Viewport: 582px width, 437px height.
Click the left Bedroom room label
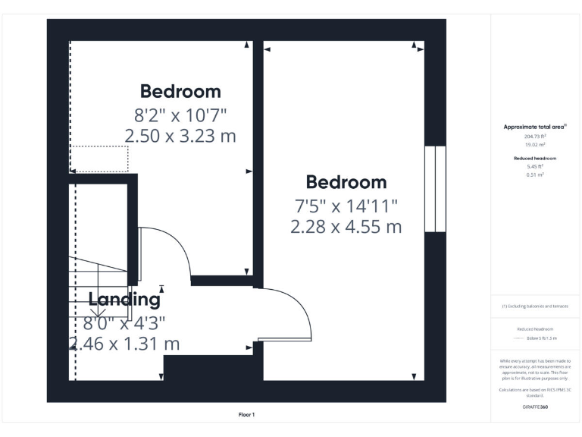click(180, 91)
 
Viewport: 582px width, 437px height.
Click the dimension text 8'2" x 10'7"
click(180, 115)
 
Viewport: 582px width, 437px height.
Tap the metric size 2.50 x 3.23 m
click(180, 137)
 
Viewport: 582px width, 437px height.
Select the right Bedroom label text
click(346, 182)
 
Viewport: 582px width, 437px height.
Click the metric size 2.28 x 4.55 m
click(346, 226)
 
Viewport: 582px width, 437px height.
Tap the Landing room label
click(124, 299)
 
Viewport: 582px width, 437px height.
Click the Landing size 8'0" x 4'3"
click(124, 322)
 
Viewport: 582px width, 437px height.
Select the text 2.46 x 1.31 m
click(124, 344)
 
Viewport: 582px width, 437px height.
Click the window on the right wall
click(435, 189)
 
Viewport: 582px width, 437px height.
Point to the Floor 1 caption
click(247, 414)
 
